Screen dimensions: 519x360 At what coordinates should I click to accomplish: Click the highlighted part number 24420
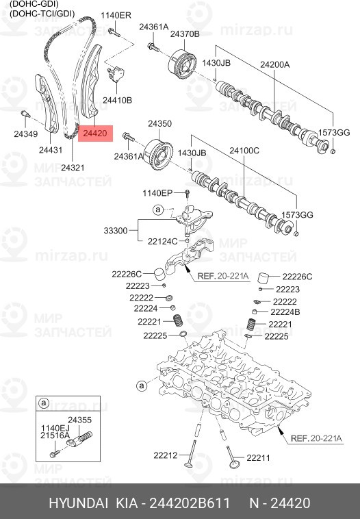[94, 136]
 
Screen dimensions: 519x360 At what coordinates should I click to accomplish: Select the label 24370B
[185, 34]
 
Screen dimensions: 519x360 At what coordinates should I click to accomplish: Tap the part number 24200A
[274, 64]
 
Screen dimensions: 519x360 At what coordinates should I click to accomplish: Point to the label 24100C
[244, 150]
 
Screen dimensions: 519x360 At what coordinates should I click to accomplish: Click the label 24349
[26, 134]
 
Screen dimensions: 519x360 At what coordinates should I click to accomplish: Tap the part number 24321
[73, 167]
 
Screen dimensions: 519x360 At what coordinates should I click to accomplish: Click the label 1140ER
[116, 15]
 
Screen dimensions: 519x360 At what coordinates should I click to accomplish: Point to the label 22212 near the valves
[165, 455]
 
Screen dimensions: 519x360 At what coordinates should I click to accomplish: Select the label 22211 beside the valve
[259, 457]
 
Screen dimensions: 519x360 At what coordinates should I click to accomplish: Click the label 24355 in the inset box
[79, 419]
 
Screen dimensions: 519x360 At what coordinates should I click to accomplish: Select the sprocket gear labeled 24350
[158, 151]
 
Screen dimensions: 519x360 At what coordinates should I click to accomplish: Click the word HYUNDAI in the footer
[77, 503]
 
